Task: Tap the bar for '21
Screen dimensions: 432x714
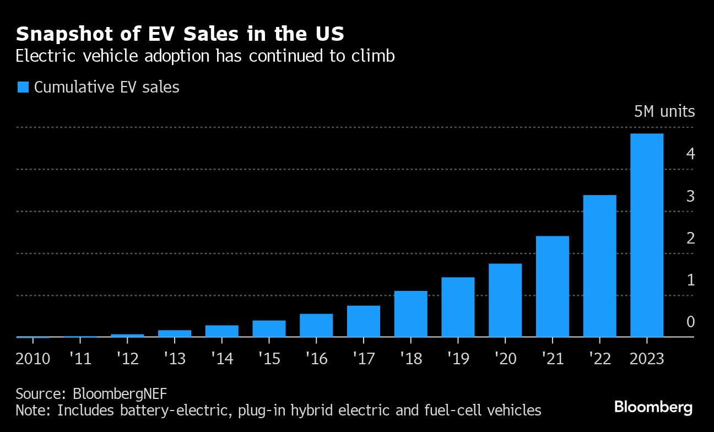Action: tap(552, 286)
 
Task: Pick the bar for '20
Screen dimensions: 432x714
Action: tap(505, 300)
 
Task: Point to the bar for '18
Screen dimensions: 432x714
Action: tap(410, 314)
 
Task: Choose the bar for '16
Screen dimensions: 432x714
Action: tap(316, 325)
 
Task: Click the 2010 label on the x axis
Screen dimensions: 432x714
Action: tap(33, 359)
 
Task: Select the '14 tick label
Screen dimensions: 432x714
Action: tap(221, 359)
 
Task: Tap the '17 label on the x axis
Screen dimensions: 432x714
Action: tap(363, 359)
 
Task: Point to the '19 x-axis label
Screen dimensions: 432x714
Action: tap(457, 359)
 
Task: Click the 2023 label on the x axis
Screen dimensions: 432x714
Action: tap(646, 359)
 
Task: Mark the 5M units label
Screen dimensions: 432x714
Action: tap(664, 112)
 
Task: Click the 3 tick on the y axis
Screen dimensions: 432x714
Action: tap(690, 197)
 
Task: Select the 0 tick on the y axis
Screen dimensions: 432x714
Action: tap(690, 322)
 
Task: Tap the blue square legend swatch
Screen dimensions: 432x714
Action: tap(23, 87)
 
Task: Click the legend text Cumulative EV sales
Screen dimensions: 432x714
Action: tap(107, 87)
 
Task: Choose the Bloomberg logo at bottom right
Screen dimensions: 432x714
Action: tap(653, 408)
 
